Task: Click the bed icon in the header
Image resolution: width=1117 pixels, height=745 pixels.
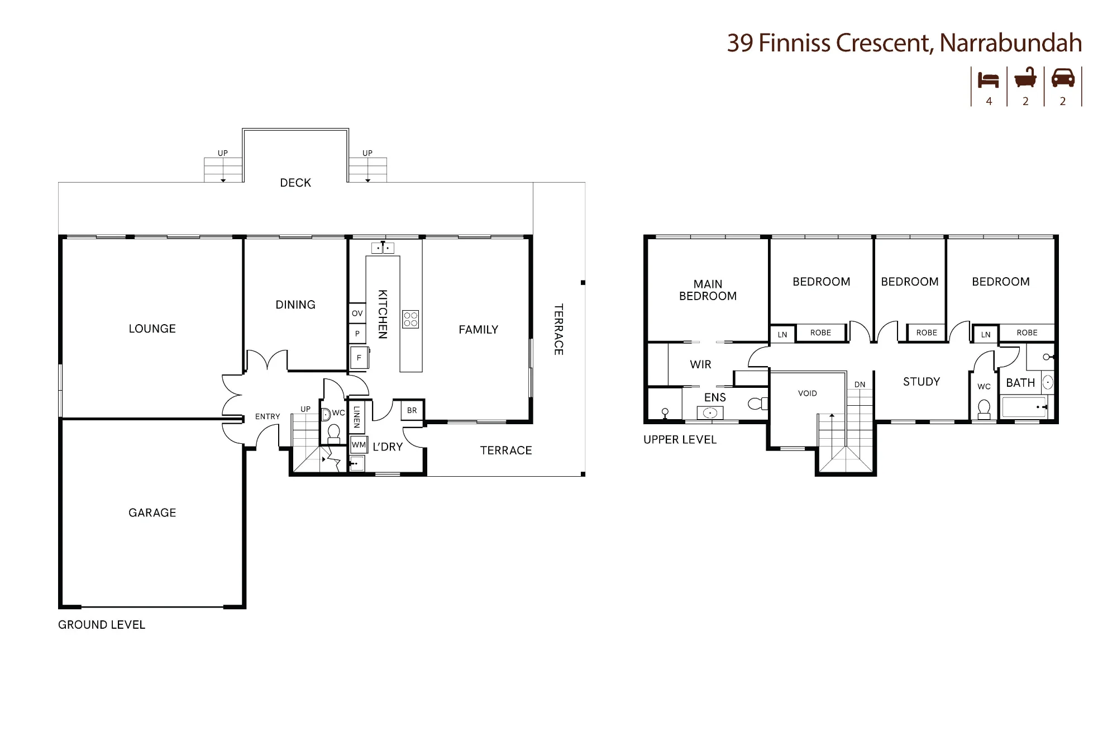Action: (988, 80)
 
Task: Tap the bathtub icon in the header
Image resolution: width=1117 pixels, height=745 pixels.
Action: (1025, 78)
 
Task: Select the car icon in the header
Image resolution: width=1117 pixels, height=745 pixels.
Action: (1063, 78)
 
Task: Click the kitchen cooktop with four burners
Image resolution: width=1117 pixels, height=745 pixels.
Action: (410, 319)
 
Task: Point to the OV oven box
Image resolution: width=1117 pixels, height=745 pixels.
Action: (357, 314)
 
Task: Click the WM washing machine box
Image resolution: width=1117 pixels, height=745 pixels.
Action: (359, 445)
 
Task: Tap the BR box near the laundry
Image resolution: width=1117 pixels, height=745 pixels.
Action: (412, 411)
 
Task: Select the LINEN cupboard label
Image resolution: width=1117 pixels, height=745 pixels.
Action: (357, 417)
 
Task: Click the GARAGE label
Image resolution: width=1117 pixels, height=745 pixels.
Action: (152, 513)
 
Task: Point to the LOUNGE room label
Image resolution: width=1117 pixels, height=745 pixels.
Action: (152, 329)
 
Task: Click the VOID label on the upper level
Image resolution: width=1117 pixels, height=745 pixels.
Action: (808, 393)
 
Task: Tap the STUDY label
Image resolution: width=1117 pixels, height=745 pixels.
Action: (922, 382)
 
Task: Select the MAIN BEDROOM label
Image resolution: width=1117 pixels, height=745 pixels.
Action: (708, 290)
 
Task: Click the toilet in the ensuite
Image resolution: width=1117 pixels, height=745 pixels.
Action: (758, 403)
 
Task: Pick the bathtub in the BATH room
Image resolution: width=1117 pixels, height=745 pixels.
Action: (1024, 407)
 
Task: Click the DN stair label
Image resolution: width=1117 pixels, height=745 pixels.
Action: (860, 385)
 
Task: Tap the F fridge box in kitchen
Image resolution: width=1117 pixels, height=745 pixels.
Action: (359, 358)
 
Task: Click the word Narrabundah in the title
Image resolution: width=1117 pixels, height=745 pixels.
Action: (1011, 43)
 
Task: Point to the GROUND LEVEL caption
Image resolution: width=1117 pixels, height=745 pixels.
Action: (102, 625)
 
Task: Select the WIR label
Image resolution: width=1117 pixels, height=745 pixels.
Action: (700, 365)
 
